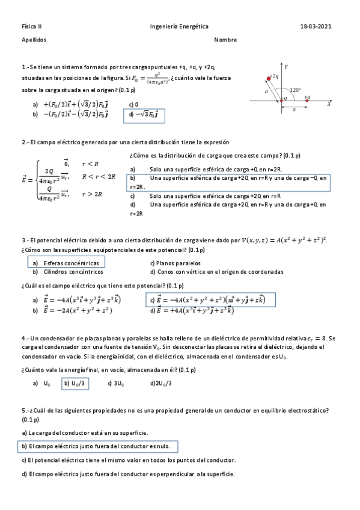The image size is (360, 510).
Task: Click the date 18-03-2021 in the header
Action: coord(316,27)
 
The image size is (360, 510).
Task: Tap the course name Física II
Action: coord(30,27)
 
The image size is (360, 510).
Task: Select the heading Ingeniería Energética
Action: coord(180,27)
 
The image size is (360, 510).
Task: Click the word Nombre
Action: coord(225,40)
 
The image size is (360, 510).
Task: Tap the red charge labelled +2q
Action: coord(269,78)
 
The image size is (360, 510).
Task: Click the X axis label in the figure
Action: coord(329,104)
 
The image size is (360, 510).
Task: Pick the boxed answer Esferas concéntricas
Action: coord(66,263)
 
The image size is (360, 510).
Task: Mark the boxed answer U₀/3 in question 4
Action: coord(76,383)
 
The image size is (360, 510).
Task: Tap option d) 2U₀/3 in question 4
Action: coord(161,383)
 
